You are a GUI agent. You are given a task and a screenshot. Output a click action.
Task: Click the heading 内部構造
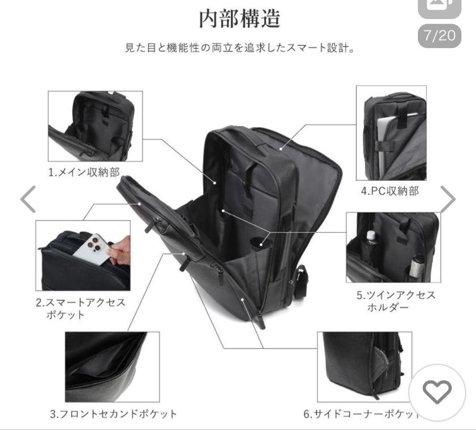(x=240, y=19)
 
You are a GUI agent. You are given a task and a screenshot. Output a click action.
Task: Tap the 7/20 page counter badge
(x=439, y=35)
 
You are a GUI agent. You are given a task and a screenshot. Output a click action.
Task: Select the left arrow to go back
(x=29, y=199)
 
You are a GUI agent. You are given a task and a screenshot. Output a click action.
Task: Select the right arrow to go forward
(x=447, y=199)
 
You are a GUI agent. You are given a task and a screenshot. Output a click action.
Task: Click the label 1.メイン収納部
(x=84, y=172)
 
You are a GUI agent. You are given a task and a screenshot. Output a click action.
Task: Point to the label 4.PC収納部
(x=390, y=191)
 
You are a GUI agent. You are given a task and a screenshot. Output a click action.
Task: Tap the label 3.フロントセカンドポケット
(x=113, y=414)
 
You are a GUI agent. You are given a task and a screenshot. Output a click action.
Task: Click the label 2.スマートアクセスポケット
(x=81, y=309)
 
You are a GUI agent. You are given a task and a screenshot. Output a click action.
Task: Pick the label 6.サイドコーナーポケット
(x=361, y=414)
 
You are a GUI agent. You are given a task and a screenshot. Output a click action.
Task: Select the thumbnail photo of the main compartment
(x=95, y=126)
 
